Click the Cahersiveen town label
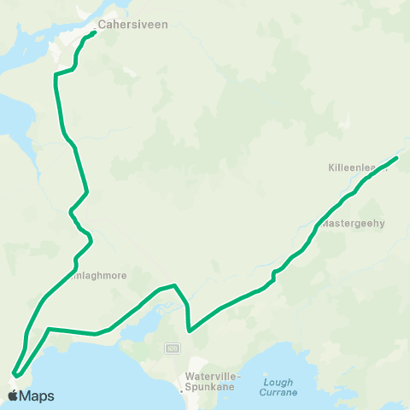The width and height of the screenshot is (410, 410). [132, 24]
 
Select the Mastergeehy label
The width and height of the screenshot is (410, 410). [354, 223]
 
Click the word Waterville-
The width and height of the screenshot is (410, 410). [214, 376]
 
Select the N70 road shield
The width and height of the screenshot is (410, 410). [173, 348]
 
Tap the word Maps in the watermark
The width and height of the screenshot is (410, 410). [37, 395]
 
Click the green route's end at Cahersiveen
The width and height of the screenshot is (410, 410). [94, 33]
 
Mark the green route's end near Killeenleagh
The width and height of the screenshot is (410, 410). [397, 157]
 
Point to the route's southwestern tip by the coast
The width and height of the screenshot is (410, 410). [14, 373]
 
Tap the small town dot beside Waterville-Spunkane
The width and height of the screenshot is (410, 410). [184, 389]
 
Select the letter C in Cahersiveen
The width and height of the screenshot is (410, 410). [102, 24]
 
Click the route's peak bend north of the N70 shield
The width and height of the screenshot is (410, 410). [174, 285]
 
